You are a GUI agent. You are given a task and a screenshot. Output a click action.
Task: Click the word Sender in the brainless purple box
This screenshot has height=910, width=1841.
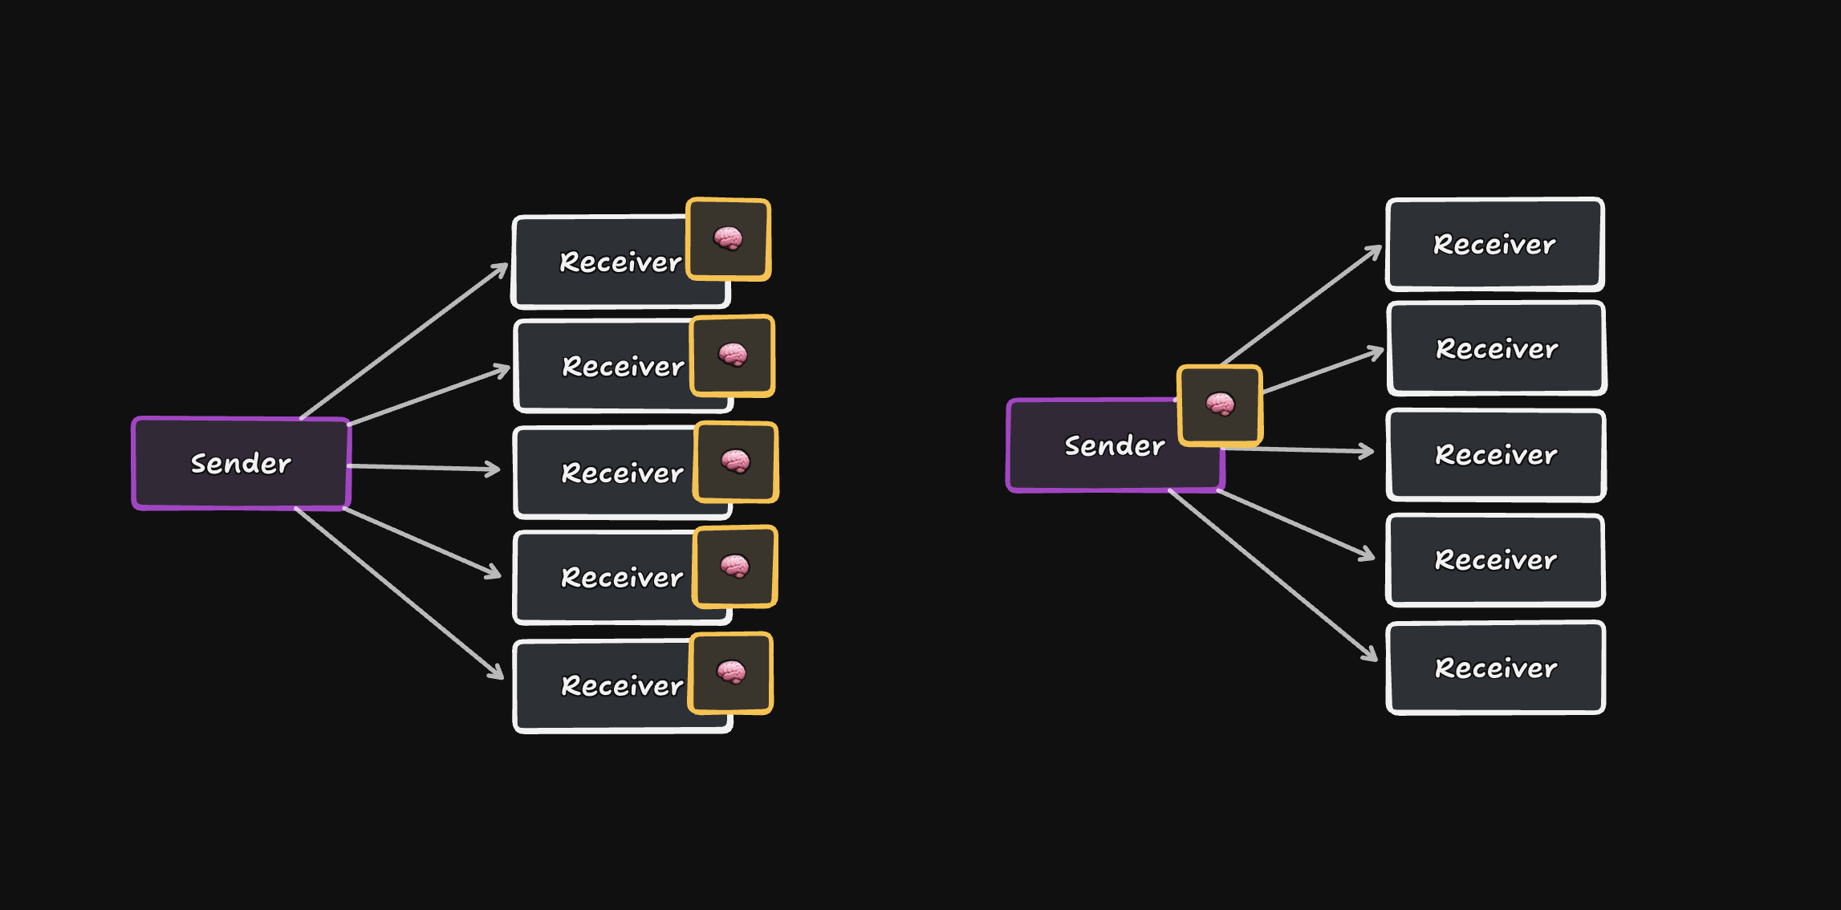click(x=241, y=464)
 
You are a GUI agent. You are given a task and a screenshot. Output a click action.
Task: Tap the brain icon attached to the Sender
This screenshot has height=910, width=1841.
click(x=1220, y=404)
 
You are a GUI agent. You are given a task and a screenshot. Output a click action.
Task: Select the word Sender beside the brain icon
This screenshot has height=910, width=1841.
click(x=1114, y=446)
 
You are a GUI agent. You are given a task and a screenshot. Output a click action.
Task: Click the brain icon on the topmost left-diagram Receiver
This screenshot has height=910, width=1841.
click(x=728, y=239)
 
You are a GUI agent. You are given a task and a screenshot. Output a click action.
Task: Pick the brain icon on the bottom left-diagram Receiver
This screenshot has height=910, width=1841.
click(x=731, y=672)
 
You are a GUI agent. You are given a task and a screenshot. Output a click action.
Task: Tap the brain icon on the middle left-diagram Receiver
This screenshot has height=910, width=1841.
click(x=735, y=461)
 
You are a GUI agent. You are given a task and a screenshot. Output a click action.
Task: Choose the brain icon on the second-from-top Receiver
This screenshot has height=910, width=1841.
click(x=733, y=355)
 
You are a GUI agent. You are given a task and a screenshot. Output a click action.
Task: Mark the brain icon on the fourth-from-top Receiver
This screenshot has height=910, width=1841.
click(x=735, y=567)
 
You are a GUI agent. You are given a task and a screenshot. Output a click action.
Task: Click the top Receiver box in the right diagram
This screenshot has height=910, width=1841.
click(x=1494, y=244)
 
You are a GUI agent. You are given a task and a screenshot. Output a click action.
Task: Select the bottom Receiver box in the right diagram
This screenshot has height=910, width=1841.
click(x=1496, y=668)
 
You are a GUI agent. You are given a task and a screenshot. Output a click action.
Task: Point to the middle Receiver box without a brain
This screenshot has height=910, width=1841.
click(x=1496, y=455)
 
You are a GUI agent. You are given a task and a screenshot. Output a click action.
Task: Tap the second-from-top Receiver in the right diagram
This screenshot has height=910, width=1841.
click(x=1497, y=349)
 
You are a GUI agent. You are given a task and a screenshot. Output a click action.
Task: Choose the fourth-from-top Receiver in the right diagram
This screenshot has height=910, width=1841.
click(x=1495, y=560)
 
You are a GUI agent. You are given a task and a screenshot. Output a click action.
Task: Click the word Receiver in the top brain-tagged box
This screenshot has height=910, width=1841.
click(x=620, y=262)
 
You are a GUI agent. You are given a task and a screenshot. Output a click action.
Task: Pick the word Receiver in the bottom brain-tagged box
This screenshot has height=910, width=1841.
click(x=622, y=686)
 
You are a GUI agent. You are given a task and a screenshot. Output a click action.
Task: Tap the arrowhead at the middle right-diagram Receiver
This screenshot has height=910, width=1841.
click(x=1366, y=452)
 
